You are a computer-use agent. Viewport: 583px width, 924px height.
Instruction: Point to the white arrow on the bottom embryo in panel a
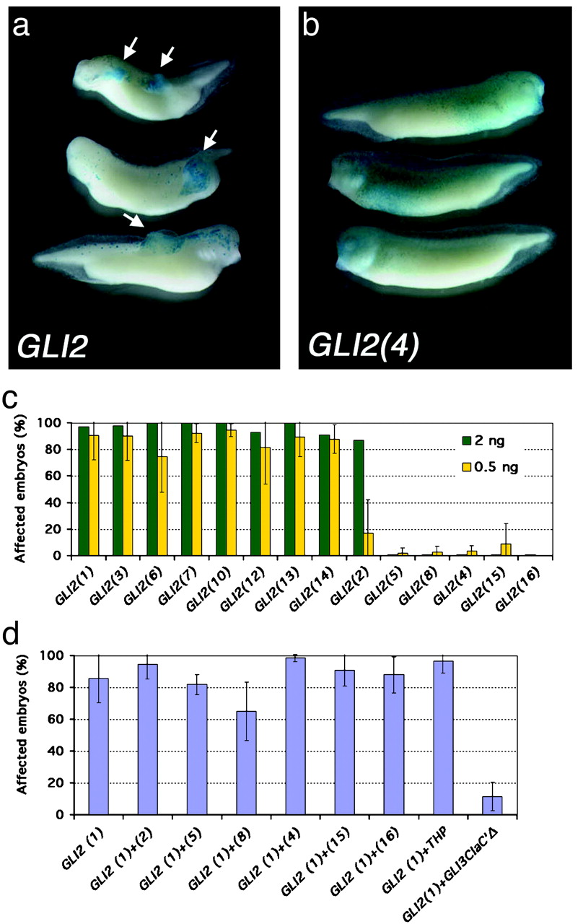coord(135,219)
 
